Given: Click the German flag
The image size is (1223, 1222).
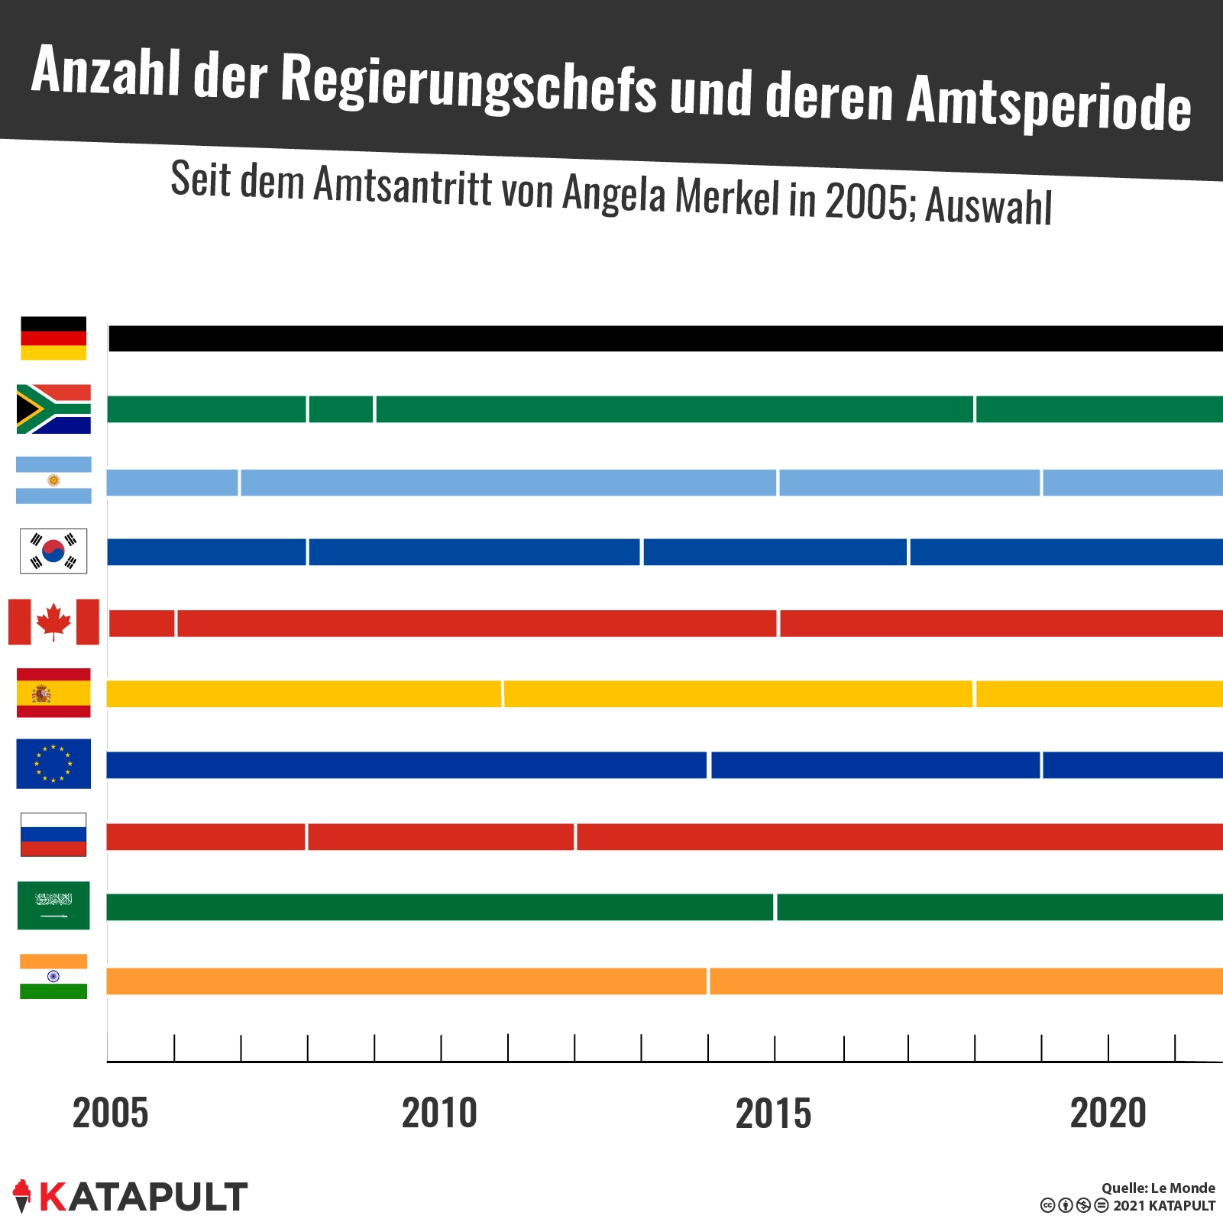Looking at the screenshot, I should click(x=53, y=338).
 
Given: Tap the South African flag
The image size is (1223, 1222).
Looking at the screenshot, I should click(x=53, y=409).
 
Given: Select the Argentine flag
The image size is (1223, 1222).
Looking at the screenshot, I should click(x=53, y=480).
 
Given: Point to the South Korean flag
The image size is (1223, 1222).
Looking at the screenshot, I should click(x=53, y=551).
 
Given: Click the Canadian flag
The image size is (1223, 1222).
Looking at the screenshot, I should click(x=53, y=622).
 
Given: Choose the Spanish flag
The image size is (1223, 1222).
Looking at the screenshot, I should click(x=53, y=693).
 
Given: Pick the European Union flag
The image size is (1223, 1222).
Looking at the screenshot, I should click(x=53, y=764).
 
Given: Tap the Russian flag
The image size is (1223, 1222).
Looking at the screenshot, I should click(x=53, y=835).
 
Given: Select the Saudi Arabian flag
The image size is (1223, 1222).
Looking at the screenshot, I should click(x=53, y=906).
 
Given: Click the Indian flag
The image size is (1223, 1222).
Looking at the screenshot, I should click(x=53, y=977).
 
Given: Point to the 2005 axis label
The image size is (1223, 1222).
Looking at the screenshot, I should click(x=111, y=1113).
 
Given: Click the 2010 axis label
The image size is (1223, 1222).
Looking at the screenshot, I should click(x=439, y=1113).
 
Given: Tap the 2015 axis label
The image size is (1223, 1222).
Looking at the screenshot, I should click(x=773, y=1114).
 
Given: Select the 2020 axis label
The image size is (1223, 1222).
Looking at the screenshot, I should click(x=1108, y=1113).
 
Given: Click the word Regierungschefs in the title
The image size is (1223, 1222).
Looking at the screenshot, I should click(x=468, y=86).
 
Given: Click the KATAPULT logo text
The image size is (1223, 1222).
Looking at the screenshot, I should click(x=143, y=1197).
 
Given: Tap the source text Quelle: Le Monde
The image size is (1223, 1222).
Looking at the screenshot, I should click(x=1157, y=1188).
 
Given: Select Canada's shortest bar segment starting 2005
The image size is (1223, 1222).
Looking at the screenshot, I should click(x=142, y=623).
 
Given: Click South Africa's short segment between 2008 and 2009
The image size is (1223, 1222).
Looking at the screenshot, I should click(x=341, y=409).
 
